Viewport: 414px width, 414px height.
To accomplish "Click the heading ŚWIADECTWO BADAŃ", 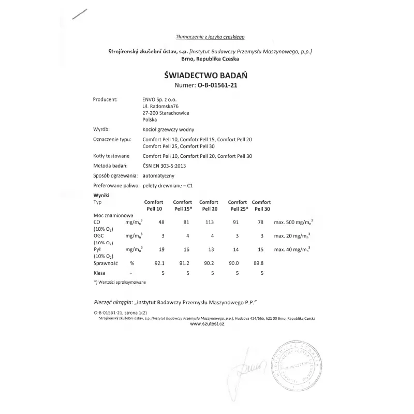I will coord(206,75).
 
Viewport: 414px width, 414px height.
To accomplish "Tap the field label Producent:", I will coord(106,99).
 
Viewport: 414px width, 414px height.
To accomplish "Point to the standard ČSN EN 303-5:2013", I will coord(164,166).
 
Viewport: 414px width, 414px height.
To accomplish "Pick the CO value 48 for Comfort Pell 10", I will coord(161,222).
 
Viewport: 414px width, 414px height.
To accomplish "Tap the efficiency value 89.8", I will coord(257,263).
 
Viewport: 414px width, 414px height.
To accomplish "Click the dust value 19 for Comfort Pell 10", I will coord(161,249).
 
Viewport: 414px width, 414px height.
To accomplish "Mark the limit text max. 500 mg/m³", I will coord(293,222).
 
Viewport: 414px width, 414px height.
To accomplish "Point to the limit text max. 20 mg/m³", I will coord(292,236).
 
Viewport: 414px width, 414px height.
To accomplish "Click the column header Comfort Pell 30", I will coord(261,205).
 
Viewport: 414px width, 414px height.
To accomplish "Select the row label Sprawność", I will coord(106,263).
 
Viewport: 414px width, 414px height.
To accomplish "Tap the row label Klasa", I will coord(100,273).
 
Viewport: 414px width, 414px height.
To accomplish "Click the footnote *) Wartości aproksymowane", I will coord(120,282).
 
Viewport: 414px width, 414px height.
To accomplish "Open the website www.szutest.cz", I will coord(207,324).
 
